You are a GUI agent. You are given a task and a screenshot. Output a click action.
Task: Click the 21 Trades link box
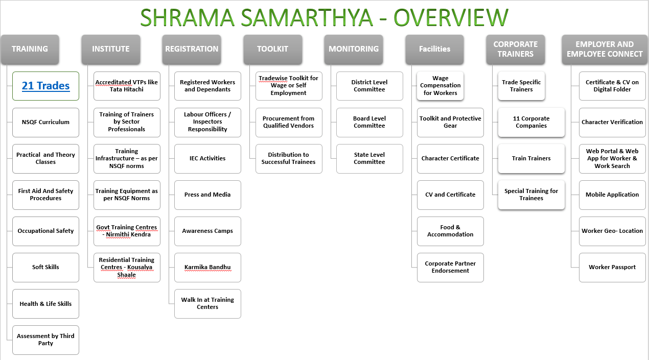[45, 86]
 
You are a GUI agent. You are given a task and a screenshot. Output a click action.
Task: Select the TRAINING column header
[30, 49]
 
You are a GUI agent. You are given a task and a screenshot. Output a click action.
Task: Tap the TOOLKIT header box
[272, 49]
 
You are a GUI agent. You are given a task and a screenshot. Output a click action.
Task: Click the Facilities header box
[434, 49]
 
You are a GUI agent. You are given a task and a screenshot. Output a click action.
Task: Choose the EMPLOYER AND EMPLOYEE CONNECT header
[605, 49]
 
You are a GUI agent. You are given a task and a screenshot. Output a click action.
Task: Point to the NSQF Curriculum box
[45, 122]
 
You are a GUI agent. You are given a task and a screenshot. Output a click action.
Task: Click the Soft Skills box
[45, 267]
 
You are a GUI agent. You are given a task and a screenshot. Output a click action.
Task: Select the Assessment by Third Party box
[45, 340]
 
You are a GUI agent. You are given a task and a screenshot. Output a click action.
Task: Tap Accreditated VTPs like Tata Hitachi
[127, 86]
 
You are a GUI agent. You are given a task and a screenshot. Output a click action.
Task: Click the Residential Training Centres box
[127, 267]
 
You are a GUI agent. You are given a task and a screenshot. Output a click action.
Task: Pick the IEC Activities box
[207, 158]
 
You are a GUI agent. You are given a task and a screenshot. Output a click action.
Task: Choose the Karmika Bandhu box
[207, 267]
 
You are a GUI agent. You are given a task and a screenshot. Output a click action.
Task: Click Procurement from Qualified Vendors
[289, 122]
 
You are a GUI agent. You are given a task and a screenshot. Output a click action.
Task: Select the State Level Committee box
[369, 158]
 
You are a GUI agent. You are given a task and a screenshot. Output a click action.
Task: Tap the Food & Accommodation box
[450, 231]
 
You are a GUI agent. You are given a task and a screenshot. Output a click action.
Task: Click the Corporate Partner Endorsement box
[450, 267]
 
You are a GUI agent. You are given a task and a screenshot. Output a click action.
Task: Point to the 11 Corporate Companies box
[531, 122]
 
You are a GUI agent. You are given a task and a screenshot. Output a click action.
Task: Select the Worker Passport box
[612, 267]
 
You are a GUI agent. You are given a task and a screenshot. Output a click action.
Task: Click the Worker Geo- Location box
[612, 231]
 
